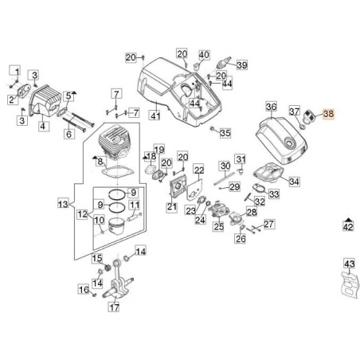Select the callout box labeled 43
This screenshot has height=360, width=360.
tap(349, 264)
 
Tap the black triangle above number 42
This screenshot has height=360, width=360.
tap(348, 217)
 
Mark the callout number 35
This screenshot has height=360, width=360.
tap(225, 133)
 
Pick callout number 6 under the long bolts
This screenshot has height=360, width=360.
tap(69, 134)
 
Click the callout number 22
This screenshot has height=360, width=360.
tap(198, 169)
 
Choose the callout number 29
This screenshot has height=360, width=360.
tap(234, 186)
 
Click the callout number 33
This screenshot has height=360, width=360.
tap(275, 194)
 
